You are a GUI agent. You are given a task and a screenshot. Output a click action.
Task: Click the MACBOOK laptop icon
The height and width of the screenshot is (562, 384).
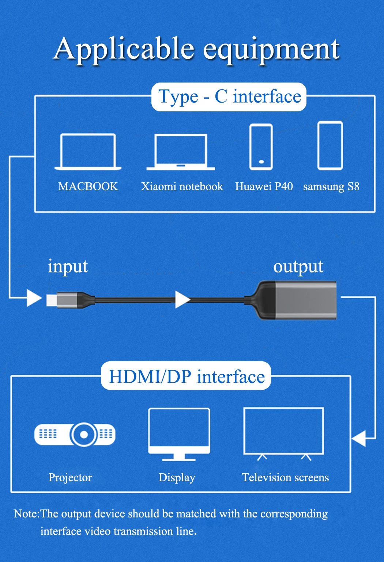point(88,151)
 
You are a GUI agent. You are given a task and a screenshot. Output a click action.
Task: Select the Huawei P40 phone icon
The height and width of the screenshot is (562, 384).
point(261,147)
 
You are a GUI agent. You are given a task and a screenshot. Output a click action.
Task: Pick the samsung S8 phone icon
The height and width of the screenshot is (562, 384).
point(330,146)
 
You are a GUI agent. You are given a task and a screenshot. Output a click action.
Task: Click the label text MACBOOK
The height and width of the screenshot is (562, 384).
point(88,187)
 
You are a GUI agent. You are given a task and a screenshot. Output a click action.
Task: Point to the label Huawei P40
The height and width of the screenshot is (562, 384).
point(264,187)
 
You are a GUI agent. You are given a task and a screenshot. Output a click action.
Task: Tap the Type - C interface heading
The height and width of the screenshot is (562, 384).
point(229,97)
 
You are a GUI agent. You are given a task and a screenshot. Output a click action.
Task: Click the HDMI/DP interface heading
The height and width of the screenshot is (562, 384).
point(187,376)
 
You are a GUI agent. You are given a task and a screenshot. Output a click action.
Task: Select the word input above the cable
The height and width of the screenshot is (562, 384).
point(68,267)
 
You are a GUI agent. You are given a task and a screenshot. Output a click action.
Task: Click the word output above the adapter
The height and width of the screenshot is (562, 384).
point(298,267)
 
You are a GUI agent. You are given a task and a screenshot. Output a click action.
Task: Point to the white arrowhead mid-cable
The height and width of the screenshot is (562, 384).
point(182,299)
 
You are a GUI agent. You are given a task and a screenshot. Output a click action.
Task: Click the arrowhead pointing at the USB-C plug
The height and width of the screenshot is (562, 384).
point(34,298)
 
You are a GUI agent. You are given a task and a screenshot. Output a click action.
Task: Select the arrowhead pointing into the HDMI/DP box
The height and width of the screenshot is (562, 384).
point(359,438)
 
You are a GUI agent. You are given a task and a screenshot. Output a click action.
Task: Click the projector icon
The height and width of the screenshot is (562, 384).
point(75,435)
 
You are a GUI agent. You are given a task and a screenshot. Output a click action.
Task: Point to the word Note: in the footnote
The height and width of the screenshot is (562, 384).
point(26,514)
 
